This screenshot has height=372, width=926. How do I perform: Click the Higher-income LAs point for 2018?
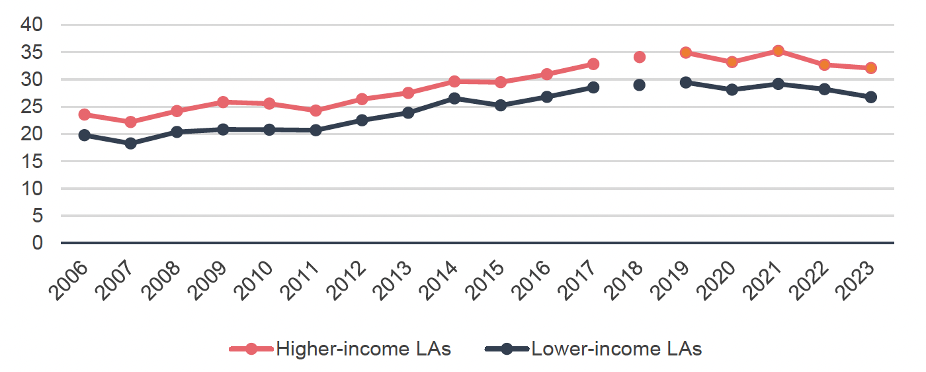coord(639,57)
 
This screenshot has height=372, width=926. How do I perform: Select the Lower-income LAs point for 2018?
coord(639,85)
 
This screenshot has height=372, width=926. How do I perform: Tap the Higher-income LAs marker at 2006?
coord(84,115)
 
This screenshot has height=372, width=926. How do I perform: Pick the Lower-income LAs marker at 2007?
coord(130,143)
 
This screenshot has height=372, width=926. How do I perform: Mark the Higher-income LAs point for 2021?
coord(778,51)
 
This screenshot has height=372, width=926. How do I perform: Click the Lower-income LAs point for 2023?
coord(870,97)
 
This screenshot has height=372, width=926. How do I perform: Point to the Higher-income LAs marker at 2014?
coord(454,81)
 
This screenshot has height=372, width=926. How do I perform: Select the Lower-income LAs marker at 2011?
coord(316,130)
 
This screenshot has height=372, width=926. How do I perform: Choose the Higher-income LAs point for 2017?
coord(593,64)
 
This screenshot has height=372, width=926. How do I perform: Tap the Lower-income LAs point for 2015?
coord(501,105)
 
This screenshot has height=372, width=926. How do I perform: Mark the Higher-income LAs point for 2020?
coord(732,62)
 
